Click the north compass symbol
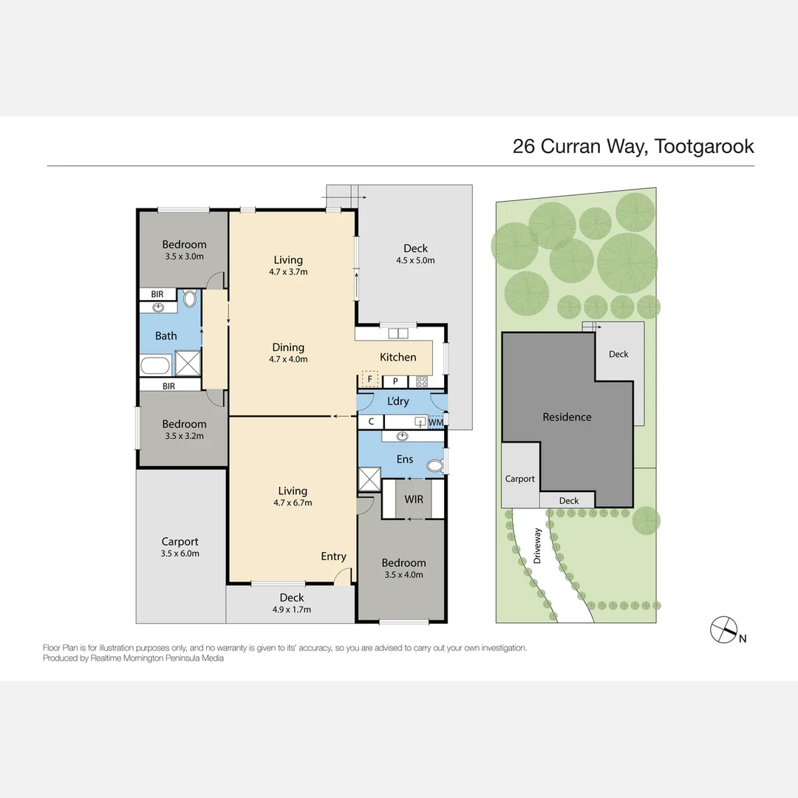pos(724,629)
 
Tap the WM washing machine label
pos(437,422)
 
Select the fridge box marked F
pos(369,380)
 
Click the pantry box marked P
pos(395,381)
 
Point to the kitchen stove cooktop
pos(422,381)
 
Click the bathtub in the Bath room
pos(155,366)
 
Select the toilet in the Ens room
pos(437,464)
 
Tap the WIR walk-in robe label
pos(414,499)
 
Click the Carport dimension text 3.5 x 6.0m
pos(180,553)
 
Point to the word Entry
pos(333,556)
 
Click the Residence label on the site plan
pos(567,417)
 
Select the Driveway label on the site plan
pos(537,546)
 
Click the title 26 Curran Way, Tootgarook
pos(633,146)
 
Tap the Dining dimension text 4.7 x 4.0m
pos(287,360)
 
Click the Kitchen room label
pos(398,357)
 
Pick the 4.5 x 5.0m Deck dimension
pos(415,260)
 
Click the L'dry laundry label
pos(398,401)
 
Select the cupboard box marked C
pos(371,422)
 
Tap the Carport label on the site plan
pos(519,479)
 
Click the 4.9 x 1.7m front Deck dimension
pos(291,610)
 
